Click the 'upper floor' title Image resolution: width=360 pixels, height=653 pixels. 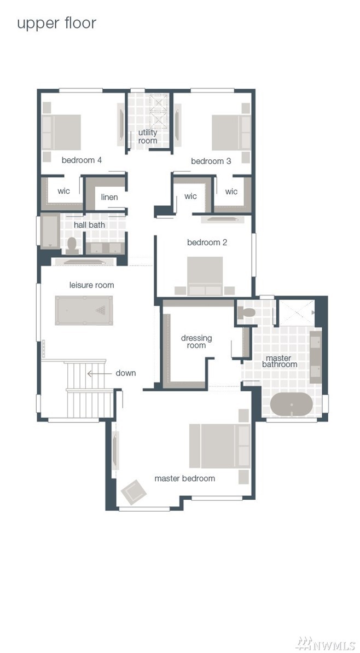point(56,24)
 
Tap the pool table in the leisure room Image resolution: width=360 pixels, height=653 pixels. point(84,310)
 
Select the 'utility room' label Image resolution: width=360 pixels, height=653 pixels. point(148,136)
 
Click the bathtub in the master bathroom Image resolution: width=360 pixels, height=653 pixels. point(291,404)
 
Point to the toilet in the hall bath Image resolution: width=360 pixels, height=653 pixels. point(72,246)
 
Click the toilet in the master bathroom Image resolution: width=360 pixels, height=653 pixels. point(246,313)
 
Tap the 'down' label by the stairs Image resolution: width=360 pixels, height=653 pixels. point(126,373)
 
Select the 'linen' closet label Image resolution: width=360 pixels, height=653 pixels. point(109,197)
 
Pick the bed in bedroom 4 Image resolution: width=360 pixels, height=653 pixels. point(61,132)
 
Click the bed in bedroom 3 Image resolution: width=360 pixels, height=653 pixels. point(231,132)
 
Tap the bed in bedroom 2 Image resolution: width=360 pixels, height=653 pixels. point(205,276)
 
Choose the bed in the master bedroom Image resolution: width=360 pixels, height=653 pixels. point(220,446)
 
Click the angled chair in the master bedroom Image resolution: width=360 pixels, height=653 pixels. point(133,492)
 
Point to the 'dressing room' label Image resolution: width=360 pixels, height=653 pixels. point(196,342)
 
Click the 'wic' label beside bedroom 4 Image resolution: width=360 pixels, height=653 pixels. point(63,191)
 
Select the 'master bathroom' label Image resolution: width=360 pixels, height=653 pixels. point(279,361)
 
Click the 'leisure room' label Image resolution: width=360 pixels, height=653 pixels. point(91,285)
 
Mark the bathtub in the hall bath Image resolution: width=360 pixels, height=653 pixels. point(50,231)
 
